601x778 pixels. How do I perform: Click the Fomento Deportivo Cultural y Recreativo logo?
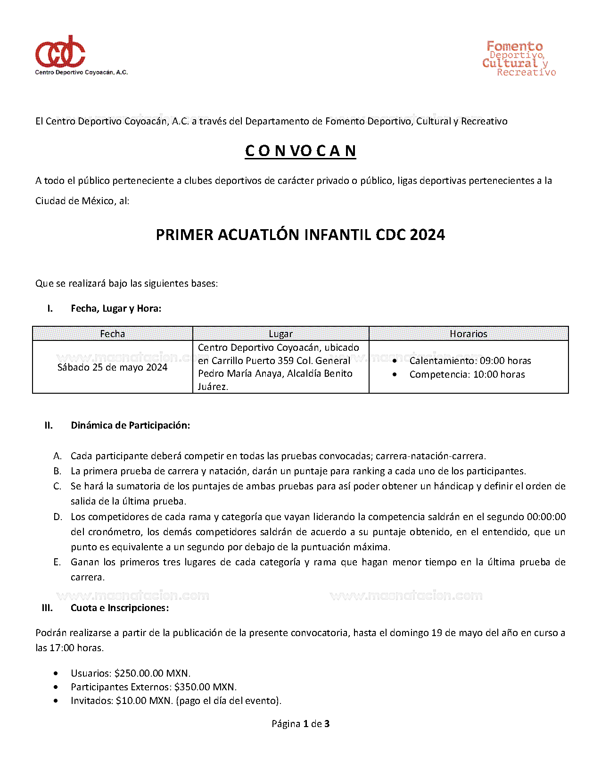click(x=519, y=59)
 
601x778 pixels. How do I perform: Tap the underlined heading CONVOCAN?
click(x=300, y=151)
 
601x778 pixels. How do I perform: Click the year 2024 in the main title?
click(x=427, y=235)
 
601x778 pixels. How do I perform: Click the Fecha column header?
click(x=112, y=334)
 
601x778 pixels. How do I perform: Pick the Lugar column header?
click(x=280, y=334)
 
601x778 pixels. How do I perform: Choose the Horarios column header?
click(x=468, y=334)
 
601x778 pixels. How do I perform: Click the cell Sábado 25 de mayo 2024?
click(x=112, y=367)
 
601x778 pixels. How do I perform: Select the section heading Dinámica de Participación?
click(x=130, y=425)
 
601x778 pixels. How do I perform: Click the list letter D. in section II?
click(x=58, y=517)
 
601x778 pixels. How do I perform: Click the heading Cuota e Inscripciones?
click(x=119, y=608)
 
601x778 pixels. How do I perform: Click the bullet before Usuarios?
click(x=57, y=673)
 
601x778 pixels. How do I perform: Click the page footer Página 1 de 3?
click(x=300, y=724)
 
